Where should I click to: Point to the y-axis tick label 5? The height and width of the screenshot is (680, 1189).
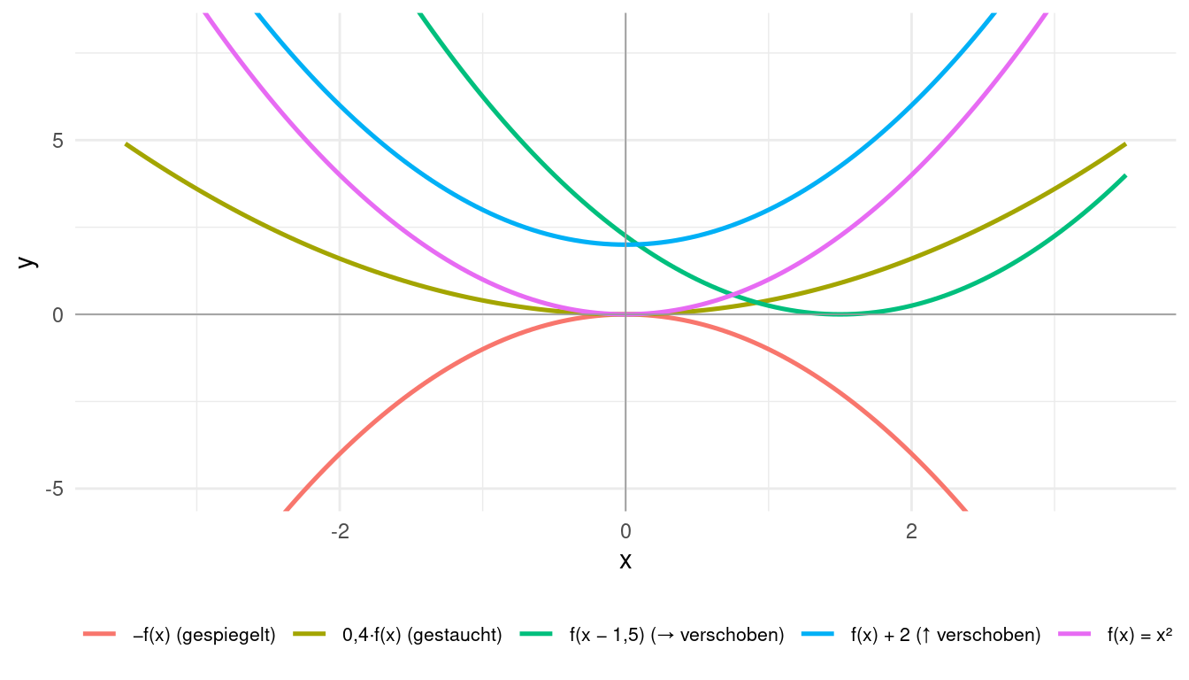(x=58, y=141)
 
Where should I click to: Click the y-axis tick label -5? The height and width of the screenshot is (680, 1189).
(x=54, y=489)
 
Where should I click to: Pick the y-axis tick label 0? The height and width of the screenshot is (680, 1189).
(x=58, y=314)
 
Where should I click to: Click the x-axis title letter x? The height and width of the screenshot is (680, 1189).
(x=625, y=560)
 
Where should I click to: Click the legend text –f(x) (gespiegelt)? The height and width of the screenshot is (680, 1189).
(x=203, y=635)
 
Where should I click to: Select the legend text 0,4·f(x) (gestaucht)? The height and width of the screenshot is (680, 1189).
(x=422, y=635)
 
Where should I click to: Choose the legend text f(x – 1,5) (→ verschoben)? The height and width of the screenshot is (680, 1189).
(x=677, y=635)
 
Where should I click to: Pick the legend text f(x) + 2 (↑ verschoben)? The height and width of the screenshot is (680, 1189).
(x=945, y=635)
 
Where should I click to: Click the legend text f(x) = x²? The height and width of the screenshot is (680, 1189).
(x=1139, y=635)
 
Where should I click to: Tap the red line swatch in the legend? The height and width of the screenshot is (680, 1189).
(x=100, y=634)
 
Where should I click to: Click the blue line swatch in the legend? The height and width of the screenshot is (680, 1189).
(x=819, y=634)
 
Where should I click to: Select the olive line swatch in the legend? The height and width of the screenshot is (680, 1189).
(x=311, y=634)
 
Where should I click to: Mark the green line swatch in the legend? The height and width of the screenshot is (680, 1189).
(x=538, y=634)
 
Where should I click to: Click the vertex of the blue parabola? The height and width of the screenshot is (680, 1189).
(x=625, y=244)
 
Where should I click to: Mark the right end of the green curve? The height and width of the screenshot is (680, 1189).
(x=1125, y=175)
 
